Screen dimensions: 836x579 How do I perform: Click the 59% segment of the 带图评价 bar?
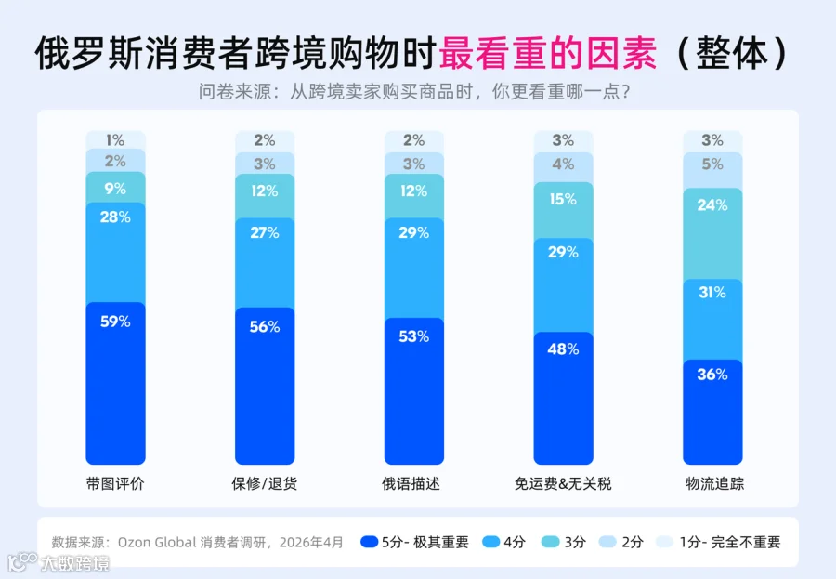[115, 383]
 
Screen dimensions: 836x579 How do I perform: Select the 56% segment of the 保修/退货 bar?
[265, 386]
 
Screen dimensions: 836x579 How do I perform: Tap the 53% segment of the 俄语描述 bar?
[413, 391]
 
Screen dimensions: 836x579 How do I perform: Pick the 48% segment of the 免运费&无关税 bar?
[563, 398]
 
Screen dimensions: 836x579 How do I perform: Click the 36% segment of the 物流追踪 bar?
[712, 412]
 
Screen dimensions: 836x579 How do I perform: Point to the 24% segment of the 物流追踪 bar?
[712, 233]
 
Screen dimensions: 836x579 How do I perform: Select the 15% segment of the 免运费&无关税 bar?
[563, 210]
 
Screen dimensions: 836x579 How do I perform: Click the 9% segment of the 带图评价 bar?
[115, 188]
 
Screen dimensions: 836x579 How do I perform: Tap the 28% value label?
[115, 217]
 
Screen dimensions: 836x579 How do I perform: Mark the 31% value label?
[712, 293]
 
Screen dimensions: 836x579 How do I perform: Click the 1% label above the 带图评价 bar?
[115, 140]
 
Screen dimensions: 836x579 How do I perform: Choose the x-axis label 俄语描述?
[411, 483]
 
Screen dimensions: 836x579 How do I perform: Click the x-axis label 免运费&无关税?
[563, 483]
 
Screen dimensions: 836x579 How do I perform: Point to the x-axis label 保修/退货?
[264, 483]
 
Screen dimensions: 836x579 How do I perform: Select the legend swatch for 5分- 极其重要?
[369, 542]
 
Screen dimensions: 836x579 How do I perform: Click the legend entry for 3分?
[564, 542]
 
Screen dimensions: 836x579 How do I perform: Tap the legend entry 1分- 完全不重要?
[718, 542]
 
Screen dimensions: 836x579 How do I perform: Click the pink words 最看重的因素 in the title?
[547, 53]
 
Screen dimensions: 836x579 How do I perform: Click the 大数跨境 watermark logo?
[59, 562]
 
